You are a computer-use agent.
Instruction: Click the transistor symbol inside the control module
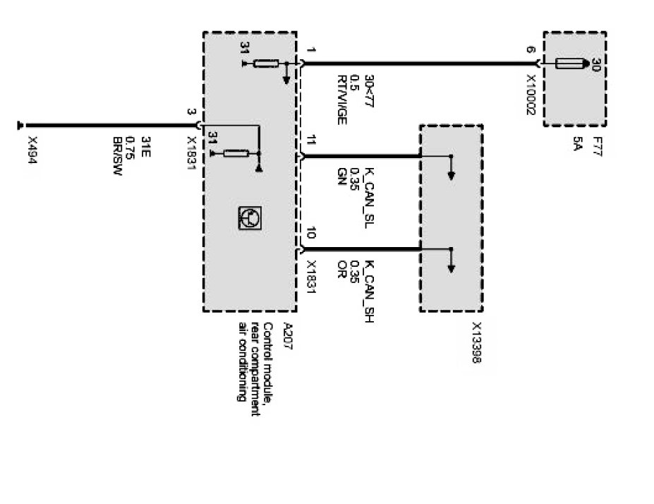click(248, 219)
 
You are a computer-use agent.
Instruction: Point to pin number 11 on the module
click(311, 139)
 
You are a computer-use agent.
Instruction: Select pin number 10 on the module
click(311, 232)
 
